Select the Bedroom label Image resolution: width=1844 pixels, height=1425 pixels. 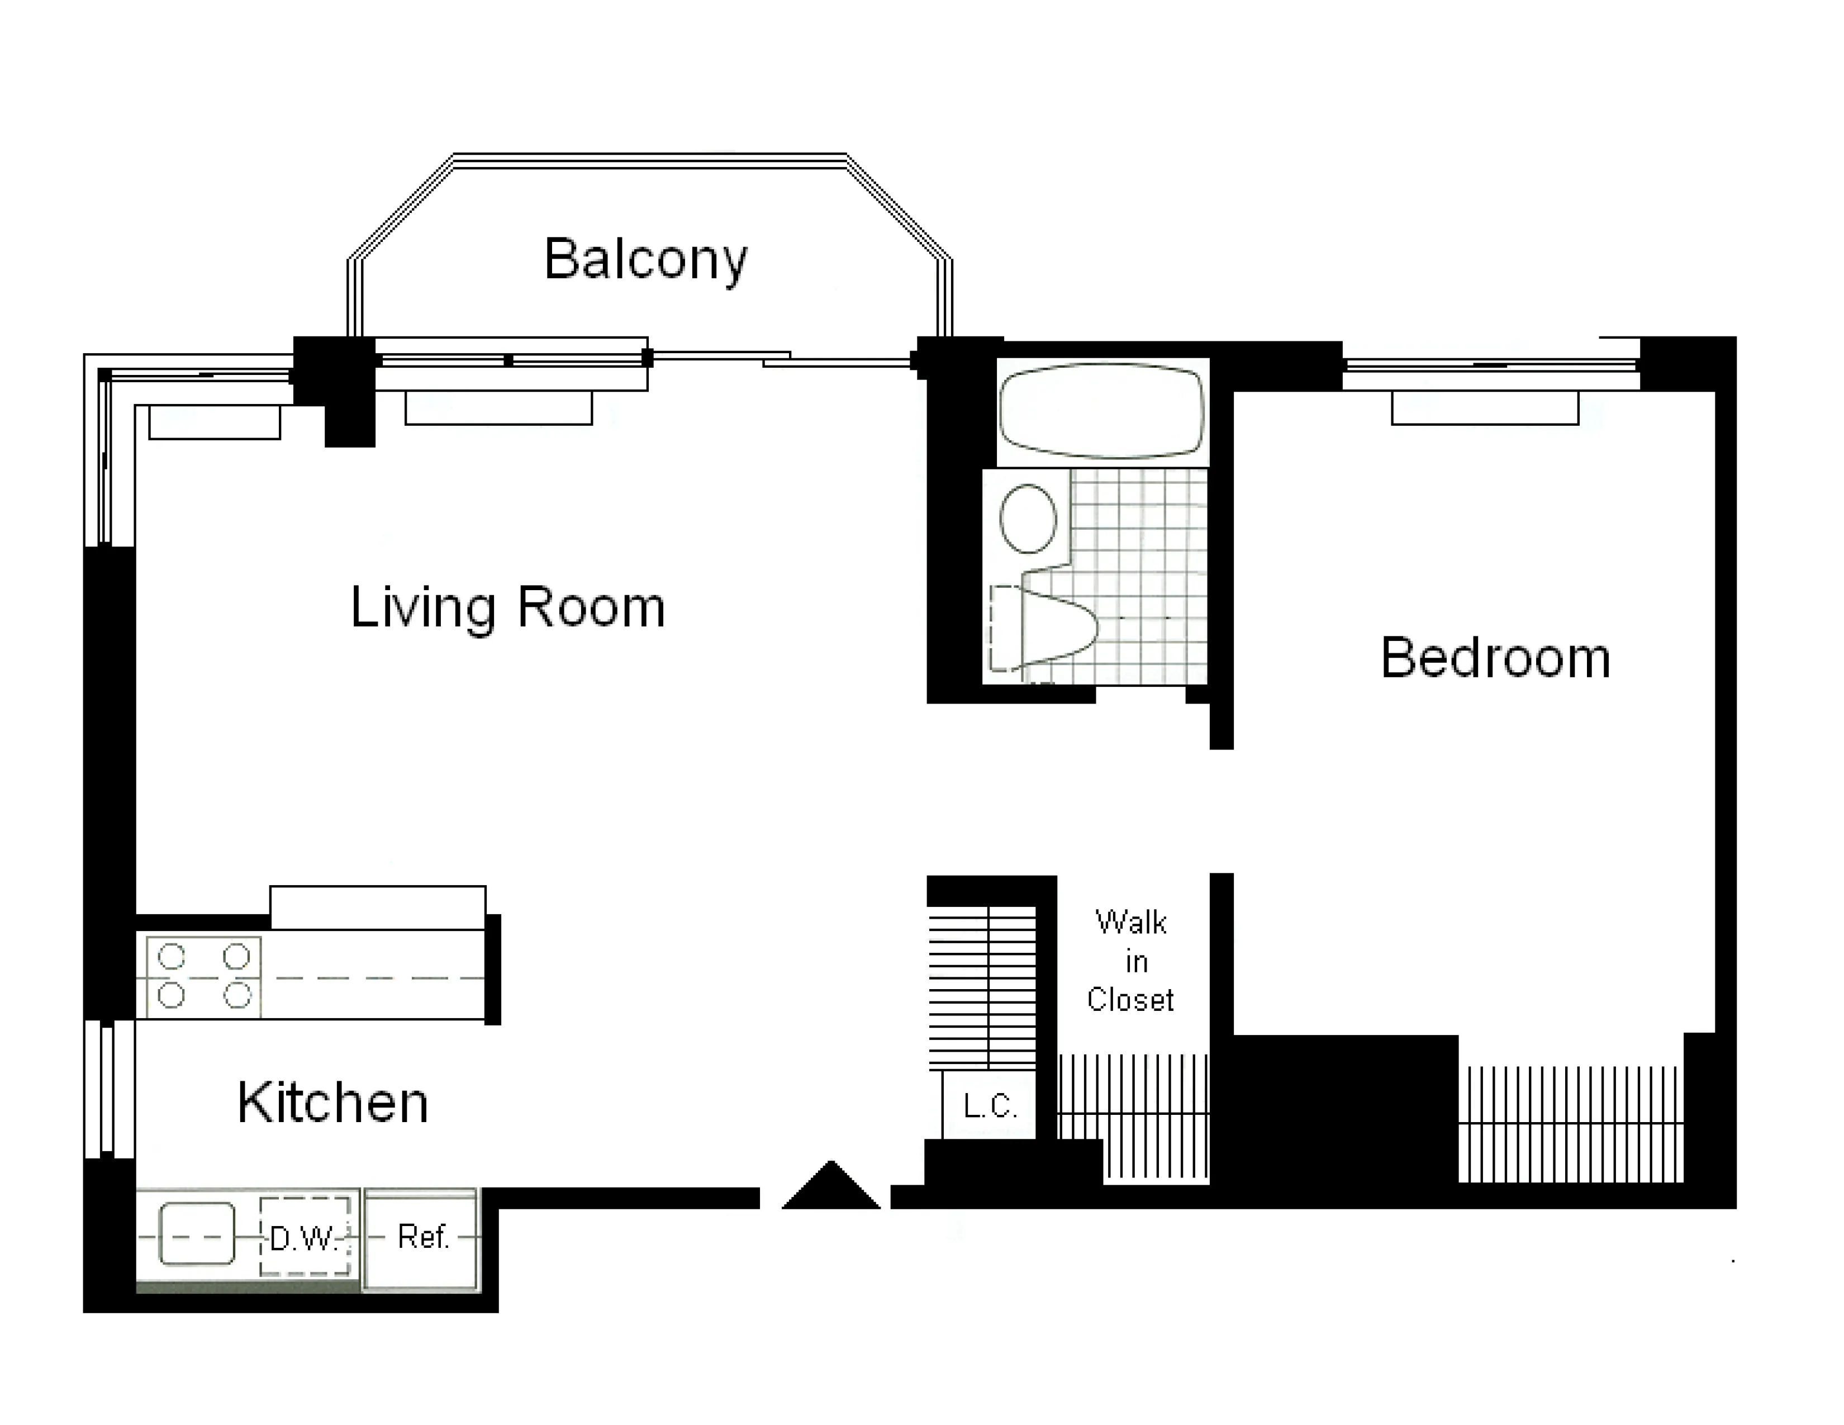(x=1494, y=658)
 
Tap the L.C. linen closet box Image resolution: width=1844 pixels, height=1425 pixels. (x=988, y=1105)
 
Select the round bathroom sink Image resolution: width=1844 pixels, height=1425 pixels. (x=1028, y=519)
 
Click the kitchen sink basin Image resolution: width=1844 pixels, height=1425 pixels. (x=197, y=1234)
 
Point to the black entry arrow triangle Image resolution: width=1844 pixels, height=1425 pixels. (x=831, y=1188)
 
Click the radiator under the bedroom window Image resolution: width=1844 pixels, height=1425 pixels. (x=1484, y=408)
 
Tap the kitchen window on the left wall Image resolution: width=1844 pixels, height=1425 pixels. (x=110, y=1089)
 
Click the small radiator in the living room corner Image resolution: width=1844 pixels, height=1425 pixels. (x=215, y=422)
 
